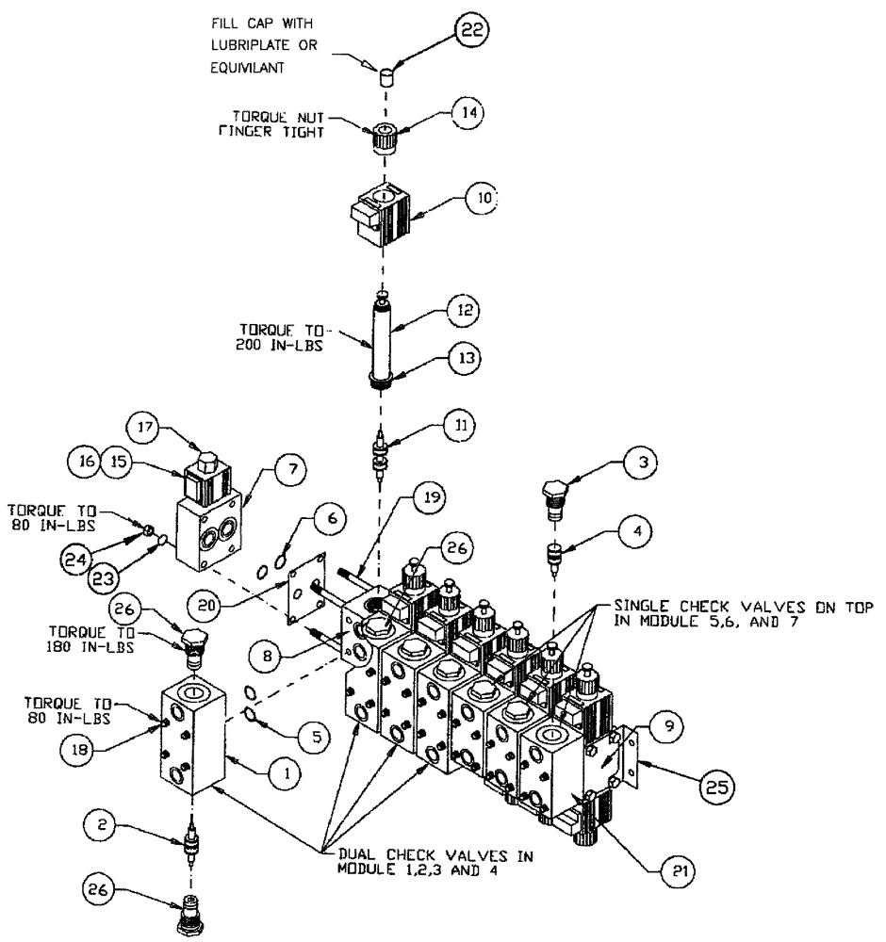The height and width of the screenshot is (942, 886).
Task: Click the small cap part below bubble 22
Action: point(386,79)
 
